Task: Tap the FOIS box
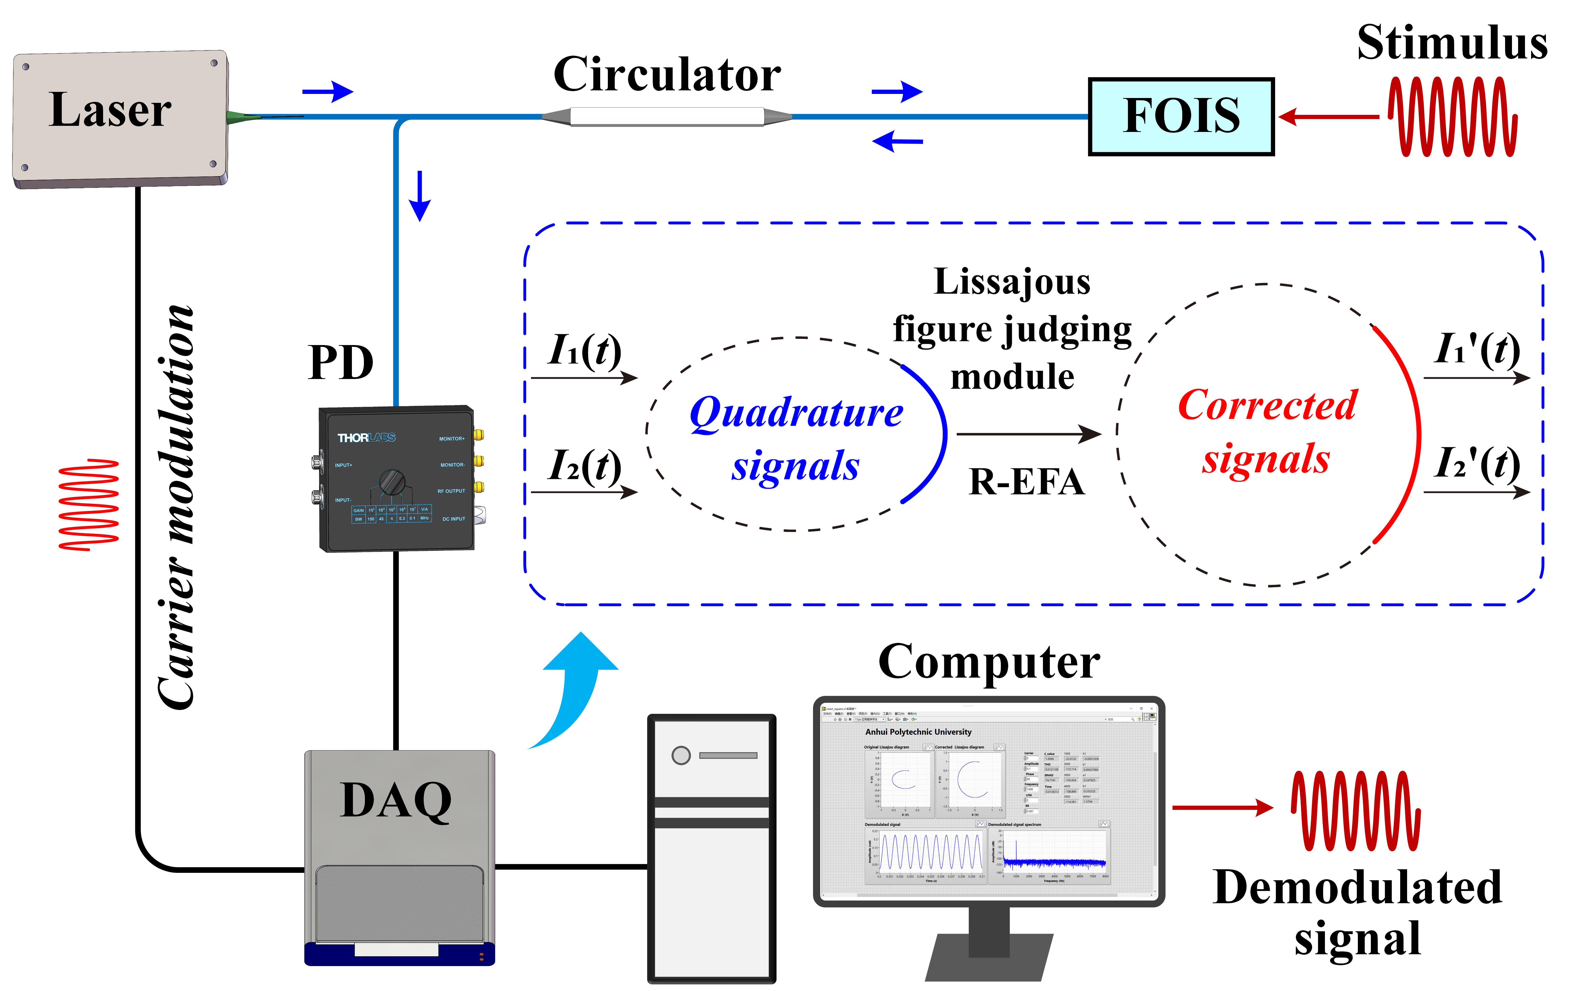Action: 1180,116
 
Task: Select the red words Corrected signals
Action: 1267,432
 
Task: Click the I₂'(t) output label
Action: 1477,464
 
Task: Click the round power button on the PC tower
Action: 681,755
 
